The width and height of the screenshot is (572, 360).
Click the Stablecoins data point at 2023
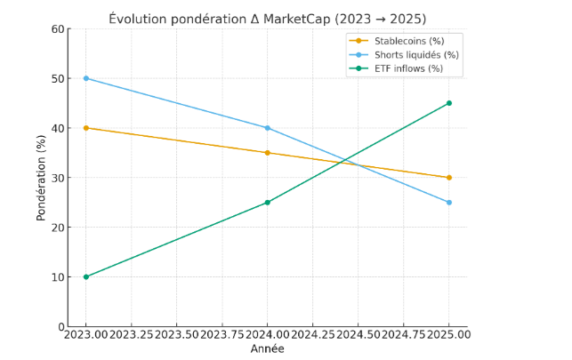pos(86,128)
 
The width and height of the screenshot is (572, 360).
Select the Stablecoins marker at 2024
pos(268,153)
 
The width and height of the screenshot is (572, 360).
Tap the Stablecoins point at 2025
pos(449,178)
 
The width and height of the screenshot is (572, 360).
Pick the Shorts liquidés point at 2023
pos(86,78)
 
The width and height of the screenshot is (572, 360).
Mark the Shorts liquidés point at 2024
pos(268,128)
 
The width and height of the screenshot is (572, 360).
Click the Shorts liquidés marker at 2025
pos(449,203)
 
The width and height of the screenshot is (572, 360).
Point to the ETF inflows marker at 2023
pos(86,276)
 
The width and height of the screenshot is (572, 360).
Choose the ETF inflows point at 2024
pos(268,203)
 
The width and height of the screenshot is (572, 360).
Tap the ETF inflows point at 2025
pos(449,103)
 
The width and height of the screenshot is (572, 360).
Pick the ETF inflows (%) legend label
pos(410,68)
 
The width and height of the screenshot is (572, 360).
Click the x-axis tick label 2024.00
pos(268,335)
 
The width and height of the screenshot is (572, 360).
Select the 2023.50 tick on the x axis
pos(177,335)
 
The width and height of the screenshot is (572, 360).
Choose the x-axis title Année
pos(268,349)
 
